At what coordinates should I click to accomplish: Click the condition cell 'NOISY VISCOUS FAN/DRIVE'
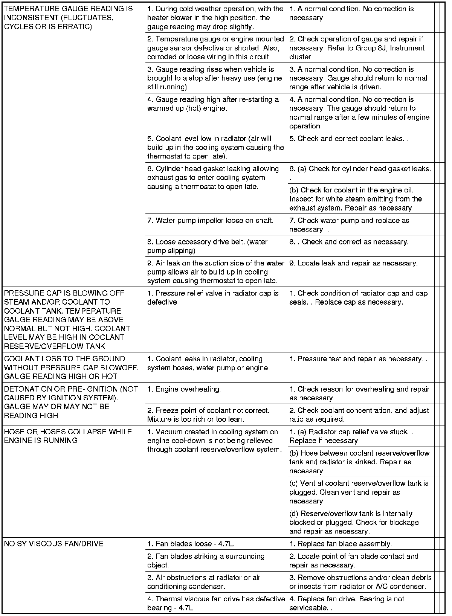point(53,544)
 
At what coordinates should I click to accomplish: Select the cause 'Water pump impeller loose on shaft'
point(210,221)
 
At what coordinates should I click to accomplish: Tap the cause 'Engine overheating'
point(184,389)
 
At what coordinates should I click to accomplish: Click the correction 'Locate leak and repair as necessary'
point(353,263)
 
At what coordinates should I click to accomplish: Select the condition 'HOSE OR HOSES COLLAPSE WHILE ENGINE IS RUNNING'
point(68,436)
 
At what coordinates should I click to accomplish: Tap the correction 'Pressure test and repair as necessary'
point(358,359)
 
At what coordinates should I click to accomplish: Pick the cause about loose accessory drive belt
point(207,246)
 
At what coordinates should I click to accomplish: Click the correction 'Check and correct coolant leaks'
point(348,139)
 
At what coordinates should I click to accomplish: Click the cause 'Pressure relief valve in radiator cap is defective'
point(213,297)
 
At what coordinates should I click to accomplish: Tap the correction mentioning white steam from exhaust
point(356,199)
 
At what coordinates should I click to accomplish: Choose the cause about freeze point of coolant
point(208,415)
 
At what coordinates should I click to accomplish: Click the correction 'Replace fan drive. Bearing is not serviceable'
point(347,603)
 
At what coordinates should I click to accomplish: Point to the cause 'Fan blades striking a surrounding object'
point(206,561)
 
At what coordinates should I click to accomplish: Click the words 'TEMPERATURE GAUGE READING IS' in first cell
point(68,9)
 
